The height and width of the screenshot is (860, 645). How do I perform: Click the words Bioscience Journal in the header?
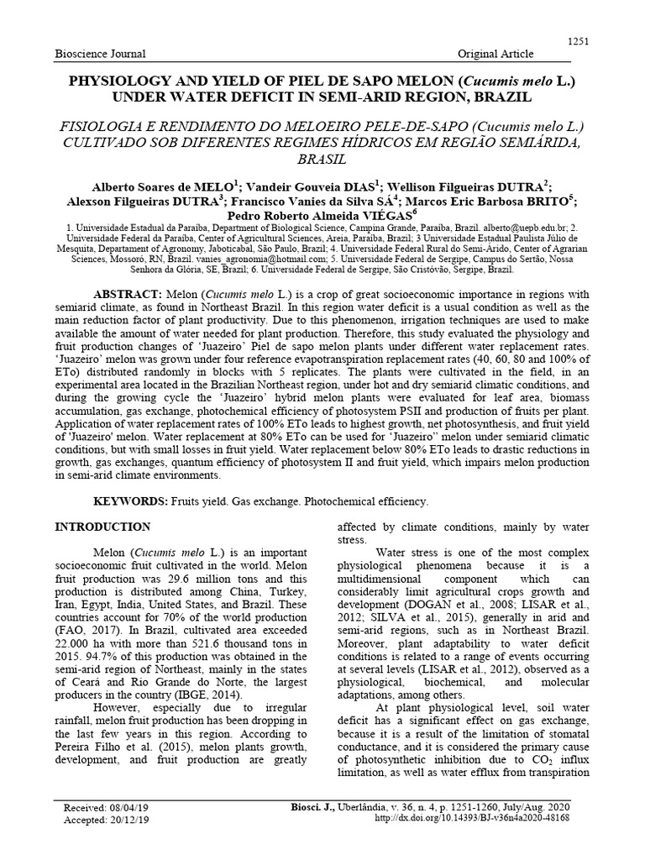tap(100, 54)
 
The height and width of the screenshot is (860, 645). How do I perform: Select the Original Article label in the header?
tap(495, 54)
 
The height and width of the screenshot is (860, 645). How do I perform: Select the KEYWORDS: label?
tap(132, 501)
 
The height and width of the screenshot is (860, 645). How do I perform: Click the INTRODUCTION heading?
tap(102, 527)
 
